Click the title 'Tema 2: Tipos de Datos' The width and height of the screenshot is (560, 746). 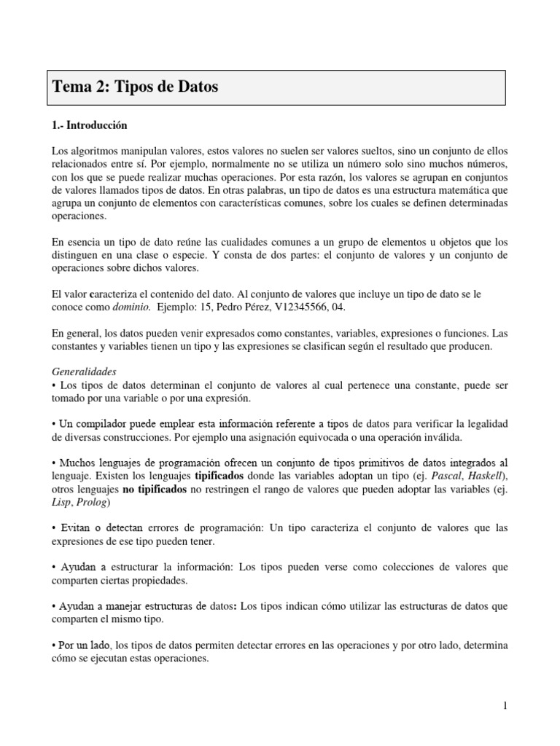(x=136, y=87)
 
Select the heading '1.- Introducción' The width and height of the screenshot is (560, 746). (x=90, y=125)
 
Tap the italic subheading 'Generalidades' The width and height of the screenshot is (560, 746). (x=85, y=371)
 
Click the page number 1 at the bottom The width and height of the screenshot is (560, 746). (x=504, y=705)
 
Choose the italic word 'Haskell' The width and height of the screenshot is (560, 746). (x=459, y=476)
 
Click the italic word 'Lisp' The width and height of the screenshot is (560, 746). (x=61, y=502)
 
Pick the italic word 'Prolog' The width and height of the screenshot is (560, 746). (x=93, y=502)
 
